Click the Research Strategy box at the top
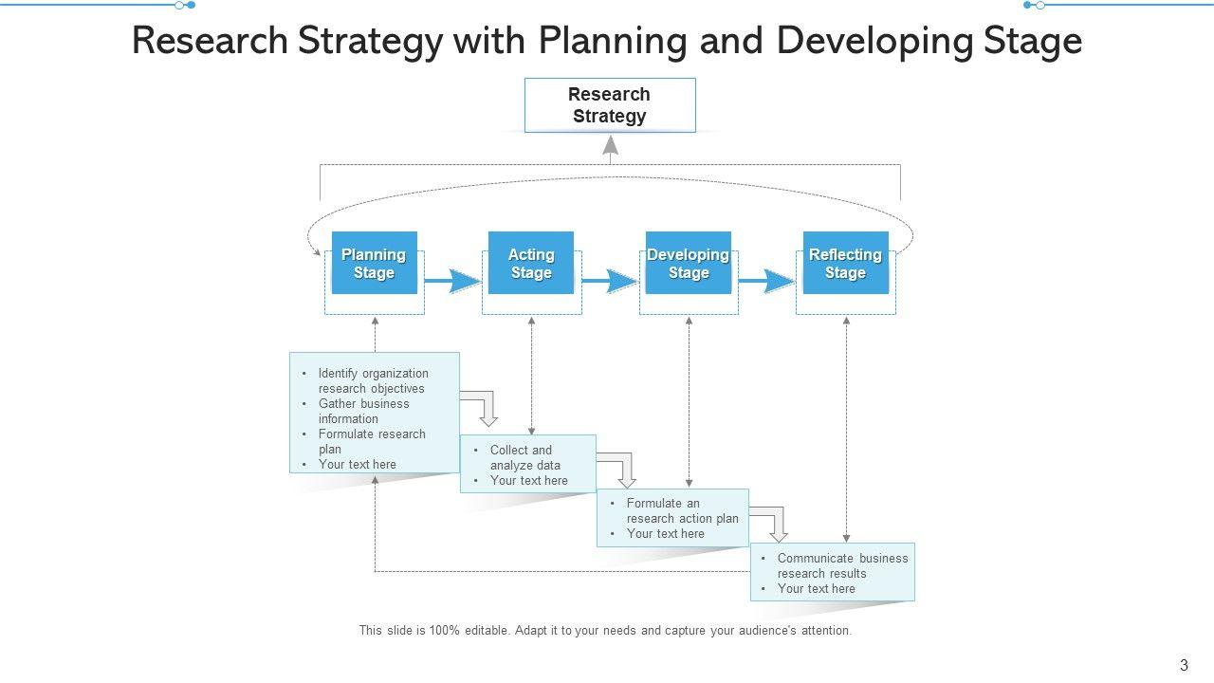pyautogui.click(x=610, y=105)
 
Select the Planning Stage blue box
pyautogui.click(x=374, y=264)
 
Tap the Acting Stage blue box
pyautogui.click(x=531, y=264)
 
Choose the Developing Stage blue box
pyautogui.click(x=689, y=264)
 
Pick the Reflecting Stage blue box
pyautogui.click(x=845, y=264)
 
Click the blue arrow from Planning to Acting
pyautogui.click(x=453, y=282)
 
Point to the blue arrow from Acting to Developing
pyautogui.click(x=610, y=282)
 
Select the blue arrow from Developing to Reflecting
pyautogui.click(x=767, y=282)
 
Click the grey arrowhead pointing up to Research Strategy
pyautogui.click(x=611, y=145)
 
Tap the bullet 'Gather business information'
pyautogui.click(x=363, y=411)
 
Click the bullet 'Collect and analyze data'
pyautogui.click(x=524, y=457)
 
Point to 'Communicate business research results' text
pyautogui.click(x=842, y=565)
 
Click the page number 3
pyautogui.click(x=1184, y=665)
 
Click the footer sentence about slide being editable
pyautogui.click(x=605, y=630)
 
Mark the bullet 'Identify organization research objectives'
pyautogui.click(x=373, y=380)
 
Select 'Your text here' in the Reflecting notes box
pyautogui.click(x=816, y=588)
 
